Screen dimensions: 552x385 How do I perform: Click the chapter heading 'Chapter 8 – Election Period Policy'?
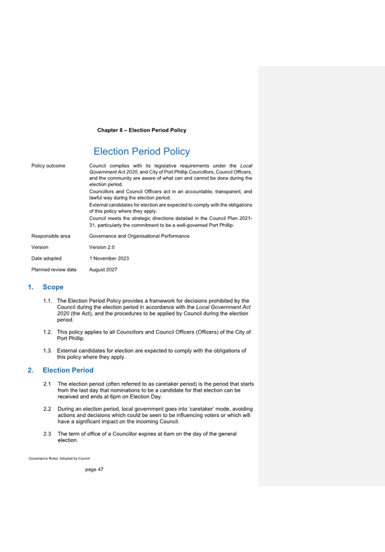(x=141, y=130)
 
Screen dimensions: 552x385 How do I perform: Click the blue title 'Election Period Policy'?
(x=141, y=151)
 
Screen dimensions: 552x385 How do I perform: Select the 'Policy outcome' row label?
(x=48, y=166)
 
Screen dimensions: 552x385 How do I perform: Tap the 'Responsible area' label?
(x=50, y=236)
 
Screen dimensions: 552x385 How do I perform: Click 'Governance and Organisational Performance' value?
(x=139, y=236)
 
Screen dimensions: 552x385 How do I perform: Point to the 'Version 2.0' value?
(x=101, y=247)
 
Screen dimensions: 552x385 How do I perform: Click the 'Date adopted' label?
(x=46, y=258)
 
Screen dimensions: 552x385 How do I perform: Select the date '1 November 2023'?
(x=109, y=258)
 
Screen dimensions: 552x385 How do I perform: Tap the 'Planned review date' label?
(x=54, y=270)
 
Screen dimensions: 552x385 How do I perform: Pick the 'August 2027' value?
(x=103, y=270)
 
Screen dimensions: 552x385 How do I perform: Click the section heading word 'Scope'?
(x=53, y=287)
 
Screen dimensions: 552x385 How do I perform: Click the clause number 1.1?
(x=47, y=301)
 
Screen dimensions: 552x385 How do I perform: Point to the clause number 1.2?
(x=47, y=332)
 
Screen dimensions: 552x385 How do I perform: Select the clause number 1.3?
(x=47, y=351)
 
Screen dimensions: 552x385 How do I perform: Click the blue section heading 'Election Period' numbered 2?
(x=68, y=370)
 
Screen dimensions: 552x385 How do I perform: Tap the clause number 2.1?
(x=47, y=384)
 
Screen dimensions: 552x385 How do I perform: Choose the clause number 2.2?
(x=47, y=409)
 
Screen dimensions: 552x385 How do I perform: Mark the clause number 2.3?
(x=47, y=434)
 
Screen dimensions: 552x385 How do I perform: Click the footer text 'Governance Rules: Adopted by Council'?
(x=59, y=458)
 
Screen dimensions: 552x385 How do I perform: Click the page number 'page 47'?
(x=94, y=469)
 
